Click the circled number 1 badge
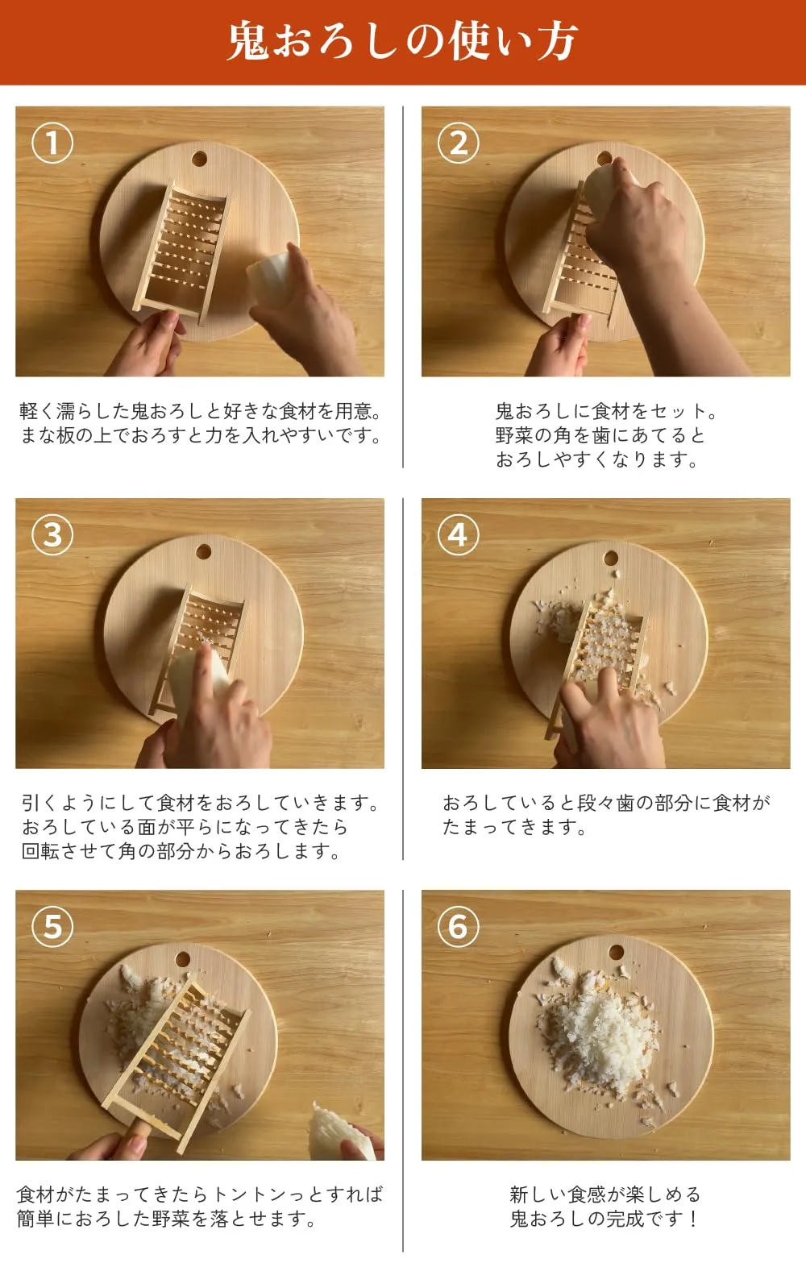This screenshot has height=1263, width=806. [x=52, y=143]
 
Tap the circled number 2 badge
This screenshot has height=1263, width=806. [x=458, y=143]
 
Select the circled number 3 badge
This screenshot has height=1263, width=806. [x=52, y=534]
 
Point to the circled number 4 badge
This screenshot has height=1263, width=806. [x=458, y=534]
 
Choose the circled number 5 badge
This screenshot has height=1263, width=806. [x=52, y=926]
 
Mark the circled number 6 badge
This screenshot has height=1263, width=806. [x=458, y=926]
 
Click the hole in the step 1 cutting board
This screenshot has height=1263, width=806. [x=199, y=159]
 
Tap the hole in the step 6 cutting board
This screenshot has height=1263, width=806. [x=616, y=953]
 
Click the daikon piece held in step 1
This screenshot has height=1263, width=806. [x=268, y=278]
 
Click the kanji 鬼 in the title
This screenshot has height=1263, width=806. [x=248, y=40]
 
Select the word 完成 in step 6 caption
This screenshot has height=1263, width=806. [x=625, y=1219]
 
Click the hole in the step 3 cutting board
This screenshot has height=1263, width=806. [x=204, y=551]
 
